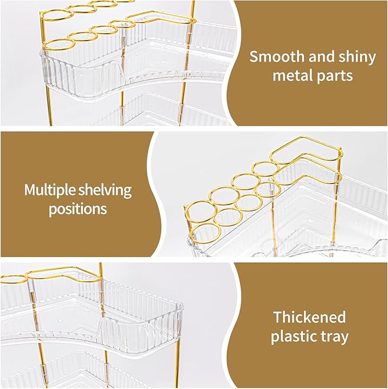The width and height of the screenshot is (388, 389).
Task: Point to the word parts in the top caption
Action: [335, 75]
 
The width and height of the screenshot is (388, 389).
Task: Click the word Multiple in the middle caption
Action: [51, 190]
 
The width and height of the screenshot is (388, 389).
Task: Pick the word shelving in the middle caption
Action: [106, 190]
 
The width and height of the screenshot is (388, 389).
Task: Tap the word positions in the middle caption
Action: [78, 208]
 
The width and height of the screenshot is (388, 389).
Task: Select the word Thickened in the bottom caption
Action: [309, 317]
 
